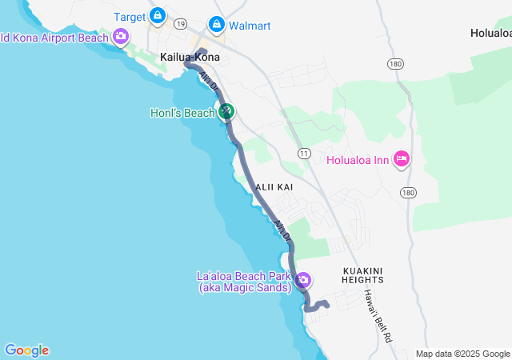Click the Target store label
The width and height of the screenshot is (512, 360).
coord(129,16)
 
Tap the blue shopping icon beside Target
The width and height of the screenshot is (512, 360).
coord(158,15)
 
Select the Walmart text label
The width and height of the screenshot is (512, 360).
coord(250,26)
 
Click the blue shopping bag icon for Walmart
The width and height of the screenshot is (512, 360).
coord(216,25)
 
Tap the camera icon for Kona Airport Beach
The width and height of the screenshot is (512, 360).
coord(121,36)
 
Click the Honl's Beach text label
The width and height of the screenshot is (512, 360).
coord(182,113)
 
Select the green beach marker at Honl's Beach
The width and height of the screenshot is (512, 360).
coord(226,112)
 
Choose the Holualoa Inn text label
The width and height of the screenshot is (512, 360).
coord(358,160)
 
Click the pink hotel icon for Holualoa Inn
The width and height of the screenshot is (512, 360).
coord(402,159)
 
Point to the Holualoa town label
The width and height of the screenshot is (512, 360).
coord(490,34)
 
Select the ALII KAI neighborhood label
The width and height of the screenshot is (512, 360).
coord(275,186)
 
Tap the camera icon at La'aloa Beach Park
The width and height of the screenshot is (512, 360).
coord(304,281)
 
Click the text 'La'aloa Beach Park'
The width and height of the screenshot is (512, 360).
coord(243,276)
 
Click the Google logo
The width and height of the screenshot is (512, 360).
coord(26,350)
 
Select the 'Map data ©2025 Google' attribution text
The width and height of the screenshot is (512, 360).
coord(462,354)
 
